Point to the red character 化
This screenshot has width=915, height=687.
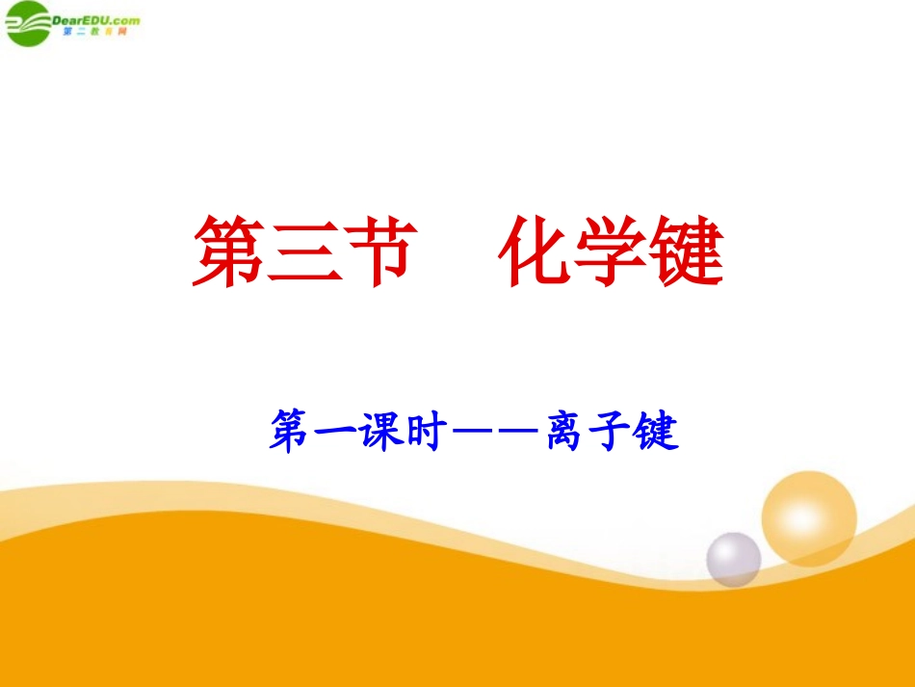point(536,251)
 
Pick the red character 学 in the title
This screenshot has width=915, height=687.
point(611,251)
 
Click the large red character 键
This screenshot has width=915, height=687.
point(686,251)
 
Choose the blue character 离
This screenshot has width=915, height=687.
point(563,431)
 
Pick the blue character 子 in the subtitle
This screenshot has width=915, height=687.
point(610,431)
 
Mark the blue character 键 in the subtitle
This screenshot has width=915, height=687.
point(657,431)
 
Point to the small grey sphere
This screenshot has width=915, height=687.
point(733,558)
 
